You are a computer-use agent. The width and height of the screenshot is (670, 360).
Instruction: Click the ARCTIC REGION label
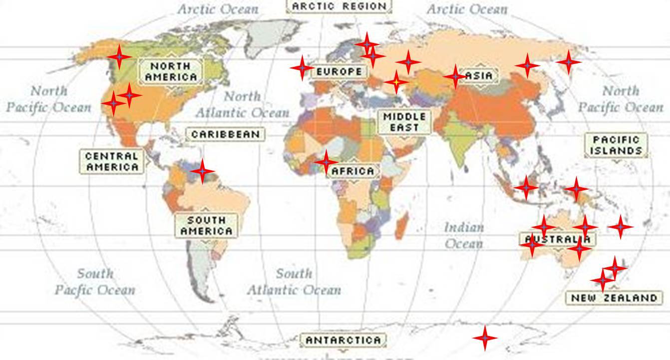tap(339, 6)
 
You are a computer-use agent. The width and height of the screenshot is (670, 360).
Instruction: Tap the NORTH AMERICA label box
tap(171, 71)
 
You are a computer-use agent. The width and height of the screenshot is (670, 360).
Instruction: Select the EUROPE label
tap(339, 71)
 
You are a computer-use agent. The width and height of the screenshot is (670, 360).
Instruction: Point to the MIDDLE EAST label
tap(404, 122)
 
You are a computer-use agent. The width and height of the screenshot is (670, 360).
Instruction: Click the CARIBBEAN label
tap(225, 134)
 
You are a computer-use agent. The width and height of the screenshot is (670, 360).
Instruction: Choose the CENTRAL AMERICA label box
tap(112, 161)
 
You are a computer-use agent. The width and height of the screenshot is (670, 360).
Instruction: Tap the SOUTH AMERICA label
tap(206, 225)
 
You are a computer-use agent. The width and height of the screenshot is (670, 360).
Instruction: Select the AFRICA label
tap(352, 171)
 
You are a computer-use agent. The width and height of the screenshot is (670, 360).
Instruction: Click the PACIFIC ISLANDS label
tap(617, 145)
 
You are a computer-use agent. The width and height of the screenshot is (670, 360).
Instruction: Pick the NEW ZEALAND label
tap(614, 298)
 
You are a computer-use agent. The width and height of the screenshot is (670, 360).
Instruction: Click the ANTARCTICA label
tap(343, 340)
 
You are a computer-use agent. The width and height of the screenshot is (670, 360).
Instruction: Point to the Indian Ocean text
tap(464, 235)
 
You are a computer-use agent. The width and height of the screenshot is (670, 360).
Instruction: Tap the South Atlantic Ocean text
tap(295, 281)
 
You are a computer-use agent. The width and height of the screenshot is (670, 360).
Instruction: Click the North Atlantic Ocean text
tap(242, 104)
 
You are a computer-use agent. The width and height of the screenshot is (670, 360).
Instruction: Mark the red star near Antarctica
tap(484, 338)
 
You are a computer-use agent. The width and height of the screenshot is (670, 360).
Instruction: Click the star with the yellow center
tap(396, 81)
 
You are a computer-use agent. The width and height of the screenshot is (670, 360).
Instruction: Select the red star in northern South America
tap(202, 171)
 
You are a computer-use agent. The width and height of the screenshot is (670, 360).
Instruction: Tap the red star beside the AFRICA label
tap(326, 162)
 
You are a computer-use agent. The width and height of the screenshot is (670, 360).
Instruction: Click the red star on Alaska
tap(119, 56)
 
